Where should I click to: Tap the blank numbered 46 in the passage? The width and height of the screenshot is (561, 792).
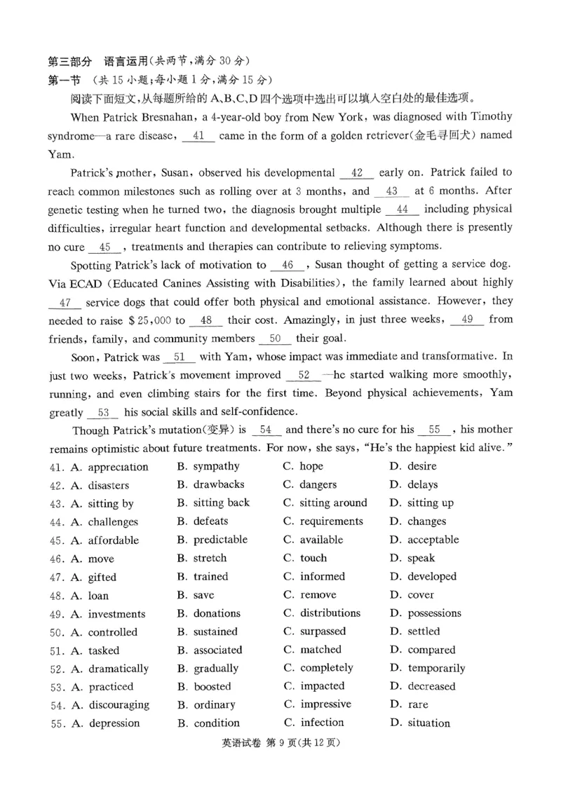point(286,265)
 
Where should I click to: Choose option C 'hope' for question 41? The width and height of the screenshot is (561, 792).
point(311,466)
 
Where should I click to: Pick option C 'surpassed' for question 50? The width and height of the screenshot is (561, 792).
point(323,631)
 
